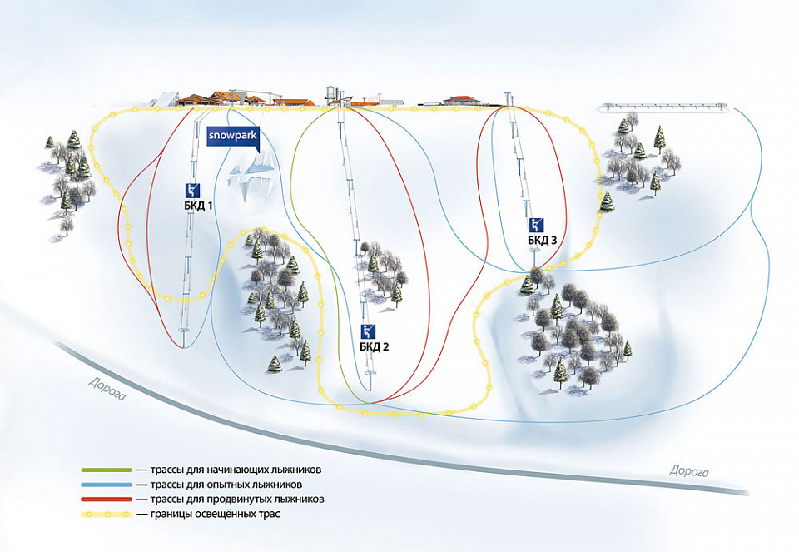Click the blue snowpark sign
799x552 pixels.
pos(233,134)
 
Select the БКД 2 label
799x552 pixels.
pos(375,346)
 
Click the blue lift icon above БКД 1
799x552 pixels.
pos(192,188)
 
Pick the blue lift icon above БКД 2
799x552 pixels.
pos(370,331)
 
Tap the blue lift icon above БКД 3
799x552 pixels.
pos(537,224)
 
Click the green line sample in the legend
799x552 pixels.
pos(107,470)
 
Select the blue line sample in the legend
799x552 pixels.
pos(107,485)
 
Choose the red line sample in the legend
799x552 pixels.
pos(107,500)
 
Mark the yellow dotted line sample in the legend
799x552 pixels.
pos(107,515)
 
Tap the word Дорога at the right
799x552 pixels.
pos(690,472)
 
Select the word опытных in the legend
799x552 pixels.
pos(216,485)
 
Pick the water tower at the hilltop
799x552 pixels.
pos(332,91)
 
